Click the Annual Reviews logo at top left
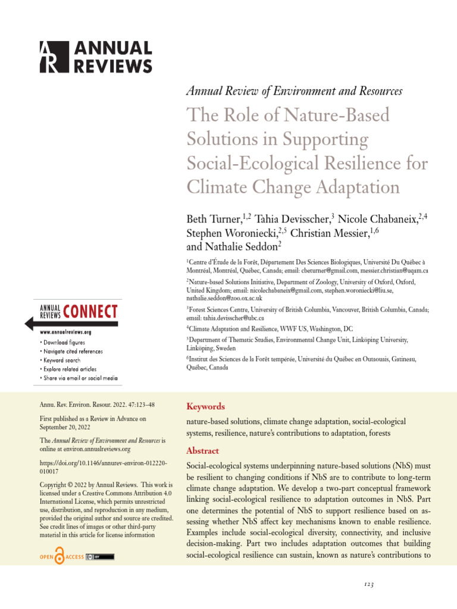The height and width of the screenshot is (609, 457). pos(95,57)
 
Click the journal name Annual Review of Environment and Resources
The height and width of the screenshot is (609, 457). pos(295,91)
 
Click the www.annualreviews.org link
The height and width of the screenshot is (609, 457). pos(65,332)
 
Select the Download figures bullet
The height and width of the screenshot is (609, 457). pos(62,343)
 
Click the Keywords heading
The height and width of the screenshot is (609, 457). pos(205,407)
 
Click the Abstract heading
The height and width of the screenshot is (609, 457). pos(203,451)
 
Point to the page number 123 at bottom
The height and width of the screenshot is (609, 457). pos(369,585)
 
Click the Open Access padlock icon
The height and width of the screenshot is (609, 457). pos(61,556)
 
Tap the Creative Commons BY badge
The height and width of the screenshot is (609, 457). pos(100,557)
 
